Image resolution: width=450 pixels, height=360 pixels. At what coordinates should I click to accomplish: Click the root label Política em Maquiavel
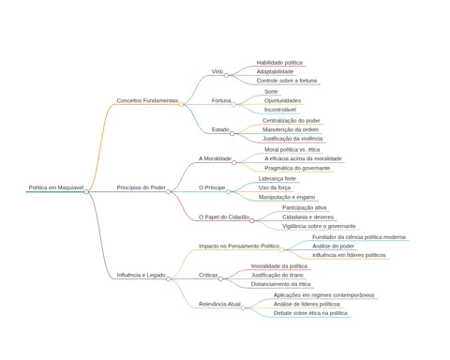click(x=56, y=187)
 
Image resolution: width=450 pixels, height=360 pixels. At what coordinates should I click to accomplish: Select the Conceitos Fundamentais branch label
click(x=147, y=100)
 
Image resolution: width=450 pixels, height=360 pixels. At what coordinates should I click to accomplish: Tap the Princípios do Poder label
click(x=141, y=187)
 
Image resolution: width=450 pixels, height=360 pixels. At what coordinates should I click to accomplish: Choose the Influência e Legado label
click(x=141, y=275)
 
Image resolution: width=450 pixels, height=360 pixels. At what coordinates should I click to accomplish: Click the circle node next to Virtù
click(x=226, y=75)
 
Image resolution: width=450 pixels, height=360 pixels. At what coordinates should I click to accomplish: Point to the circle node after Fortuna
click(x=233, y=104)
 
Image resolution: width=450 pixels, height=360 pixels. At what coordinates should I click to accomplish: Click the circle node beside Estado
click(x=232, y=133)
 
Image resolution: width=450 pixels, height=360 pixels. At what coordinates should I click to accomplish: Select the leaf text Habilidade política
click(x=279, y=63)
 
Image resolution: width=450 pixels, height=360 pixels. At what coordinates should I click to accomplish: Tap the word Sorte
click(x=271, y=92)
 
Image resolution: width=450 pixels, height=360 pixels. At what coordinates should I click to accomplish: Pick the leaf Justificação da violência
click(x=292, y=139)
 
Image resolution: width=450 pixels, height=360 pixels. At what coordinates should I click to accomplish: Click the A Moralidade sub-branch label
click(x=215, y=158)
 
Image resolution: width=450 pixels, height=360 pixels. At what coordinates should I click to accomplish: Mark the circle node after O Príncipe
click(x=228, y=191)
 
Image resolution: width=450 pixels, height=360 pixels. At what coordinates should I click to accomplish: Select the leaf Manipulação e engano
click(x=287, y=197)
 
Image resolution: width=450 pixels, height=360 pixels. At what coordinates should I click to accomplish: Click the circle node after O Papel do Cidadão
click(x=252, y=221)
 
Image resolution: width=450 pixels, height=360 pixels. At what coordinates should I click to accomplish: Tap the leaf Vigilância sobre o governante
click(x=319, y=226)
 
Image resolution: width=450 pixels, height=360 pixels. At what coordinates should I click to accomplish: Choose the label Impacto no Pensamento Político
click(x=239, y=246)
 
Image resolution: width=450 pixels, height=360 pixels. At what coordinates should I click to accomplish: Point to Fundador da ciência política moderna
click(x=359, y=237)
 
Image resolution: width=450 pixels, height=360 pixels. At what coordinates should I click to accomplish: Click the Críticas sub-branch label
click(x=208, y=275)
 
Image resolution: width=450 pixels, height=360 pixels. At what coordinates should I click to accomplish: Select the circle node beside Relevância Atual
click(x=243, y=307)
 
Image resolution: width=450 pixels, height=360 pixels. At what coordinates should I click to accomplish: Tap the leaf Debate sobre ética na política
click(x=310, y=313)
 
